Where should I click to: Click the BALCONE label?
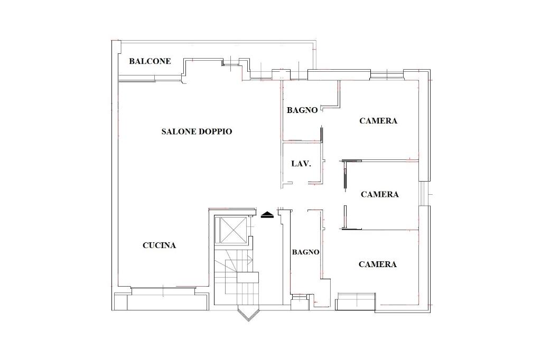pos(150,61)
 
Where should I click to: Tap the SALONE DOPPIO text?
pos(197,131)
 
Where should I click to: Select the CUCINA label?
pos(160,245)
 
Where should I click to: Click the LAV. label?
pos(301,164)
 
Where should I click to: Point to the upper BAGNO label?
pos(302,110)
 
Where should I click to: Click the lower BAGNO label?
pos(306,252)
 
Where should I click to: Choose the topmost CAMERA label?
pos(378,121)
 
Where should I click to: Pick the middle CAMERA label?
pos(379,194)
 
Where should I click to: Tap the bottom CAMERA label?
pos(377,264)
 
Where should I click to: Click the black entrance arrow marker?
pos(267,215)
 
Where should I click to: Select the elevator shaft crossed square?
pos(230,230)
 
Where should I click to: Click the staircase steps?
pos(236,276)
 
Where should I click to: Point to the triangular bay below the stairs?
pos(248,314)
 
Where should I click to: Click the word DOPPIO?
pos(216,131)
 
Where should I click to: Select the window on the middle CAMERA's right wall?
pos(424,193)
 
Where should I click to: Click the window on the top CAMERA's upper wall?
pos(387,74)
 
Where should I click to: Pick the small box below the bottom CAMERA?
pos(356,301)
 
